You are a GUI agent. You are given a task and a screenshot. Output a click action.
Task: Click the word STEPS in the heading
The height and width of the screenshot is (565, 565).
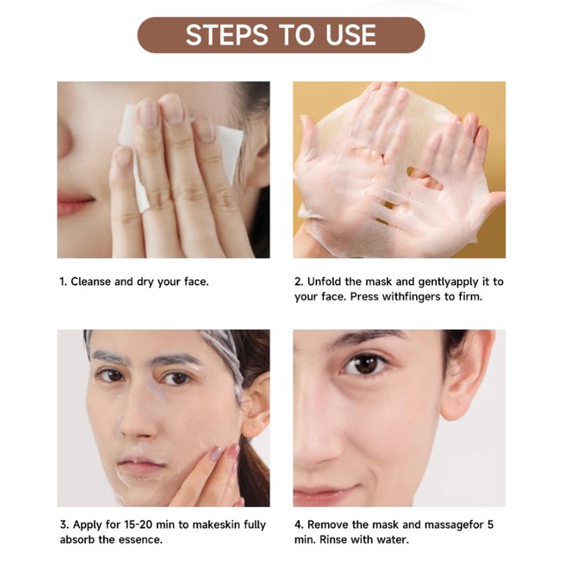227,35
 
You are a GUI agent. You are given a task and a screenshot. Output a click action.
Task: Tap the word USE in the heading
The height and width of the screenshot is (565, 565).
350,35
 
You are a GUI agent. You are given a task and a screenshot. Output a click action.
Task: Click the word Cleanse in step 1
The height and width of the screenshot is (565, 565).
91,281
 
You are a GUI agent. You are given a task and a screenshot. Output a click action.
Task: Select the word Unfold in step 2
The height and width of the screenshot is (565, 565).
324,281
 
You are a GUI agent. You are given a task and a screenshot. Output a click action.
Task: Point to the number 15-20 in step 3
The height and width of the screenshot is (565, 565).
136,524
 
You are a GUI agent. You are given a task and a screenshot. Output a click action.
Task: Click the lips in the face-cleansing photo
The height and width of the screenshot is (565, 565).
74,204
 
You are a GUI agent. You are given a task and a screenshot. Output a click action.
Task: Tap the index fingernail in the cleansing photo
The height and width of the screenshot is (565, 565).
172,109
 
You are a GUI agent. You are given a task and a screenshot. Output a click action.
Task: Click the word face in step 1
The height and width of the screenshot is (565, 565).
196,281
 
